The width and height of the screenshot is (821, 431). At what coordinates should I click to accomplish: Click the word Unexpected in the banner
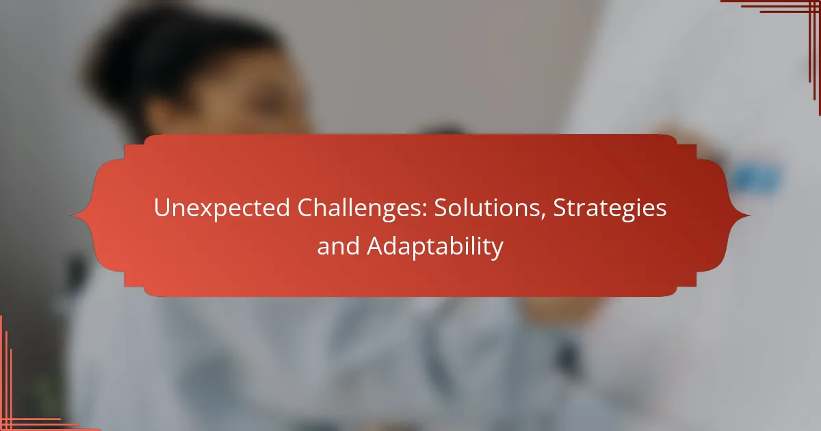click(x=222, y=208)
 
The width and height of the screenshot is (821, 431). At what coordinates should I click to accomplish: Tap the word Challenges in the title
click(x=362, y=208)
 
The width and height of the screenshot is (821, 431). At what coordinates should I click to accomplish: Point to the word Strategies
click(x=610, y=208)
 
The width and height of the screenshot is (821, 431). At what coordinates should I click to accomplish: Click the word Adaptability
click(x=435, y=246)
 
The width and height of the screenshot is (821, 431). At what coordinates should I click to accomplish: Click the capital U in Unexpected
click(x=161, y=208)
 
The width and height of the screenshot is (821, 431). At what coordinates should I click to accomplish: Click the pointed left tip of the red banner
click(x=72, y=215)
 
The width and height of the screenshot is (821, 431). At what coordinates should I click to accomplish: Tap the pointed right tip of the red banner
click(x=749, y=215)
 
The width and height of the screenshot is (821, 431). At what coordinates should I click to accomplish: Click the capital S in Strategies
click(x=560, y=208)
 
